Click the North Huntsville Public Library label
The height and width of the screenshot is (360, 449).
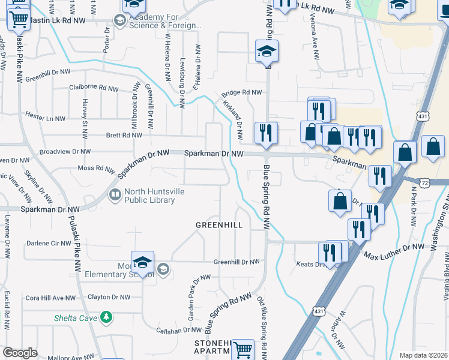click(149, 196)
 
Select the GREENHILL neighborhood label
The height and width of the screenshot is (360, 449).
click(220, 225)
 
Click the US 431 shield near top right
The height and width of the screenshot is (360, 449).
click(423, 116)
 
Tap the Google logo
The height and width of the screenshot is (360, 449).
click(20, 353)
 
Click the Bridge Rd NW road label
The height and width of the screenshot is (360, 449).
click(242, 93)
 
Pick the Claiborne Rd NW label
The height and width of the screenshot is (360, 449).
click(94, 88)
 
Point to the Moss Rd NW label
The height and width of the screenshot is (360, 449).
click(96, 168)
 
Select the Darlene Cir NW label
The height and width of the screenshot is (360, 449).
click(49, 244)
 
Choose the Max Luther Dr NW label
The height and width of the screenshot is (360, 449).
click(394, 248)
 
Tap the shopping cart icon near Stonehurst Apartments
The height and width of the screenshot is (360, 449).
click(243, 349)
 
